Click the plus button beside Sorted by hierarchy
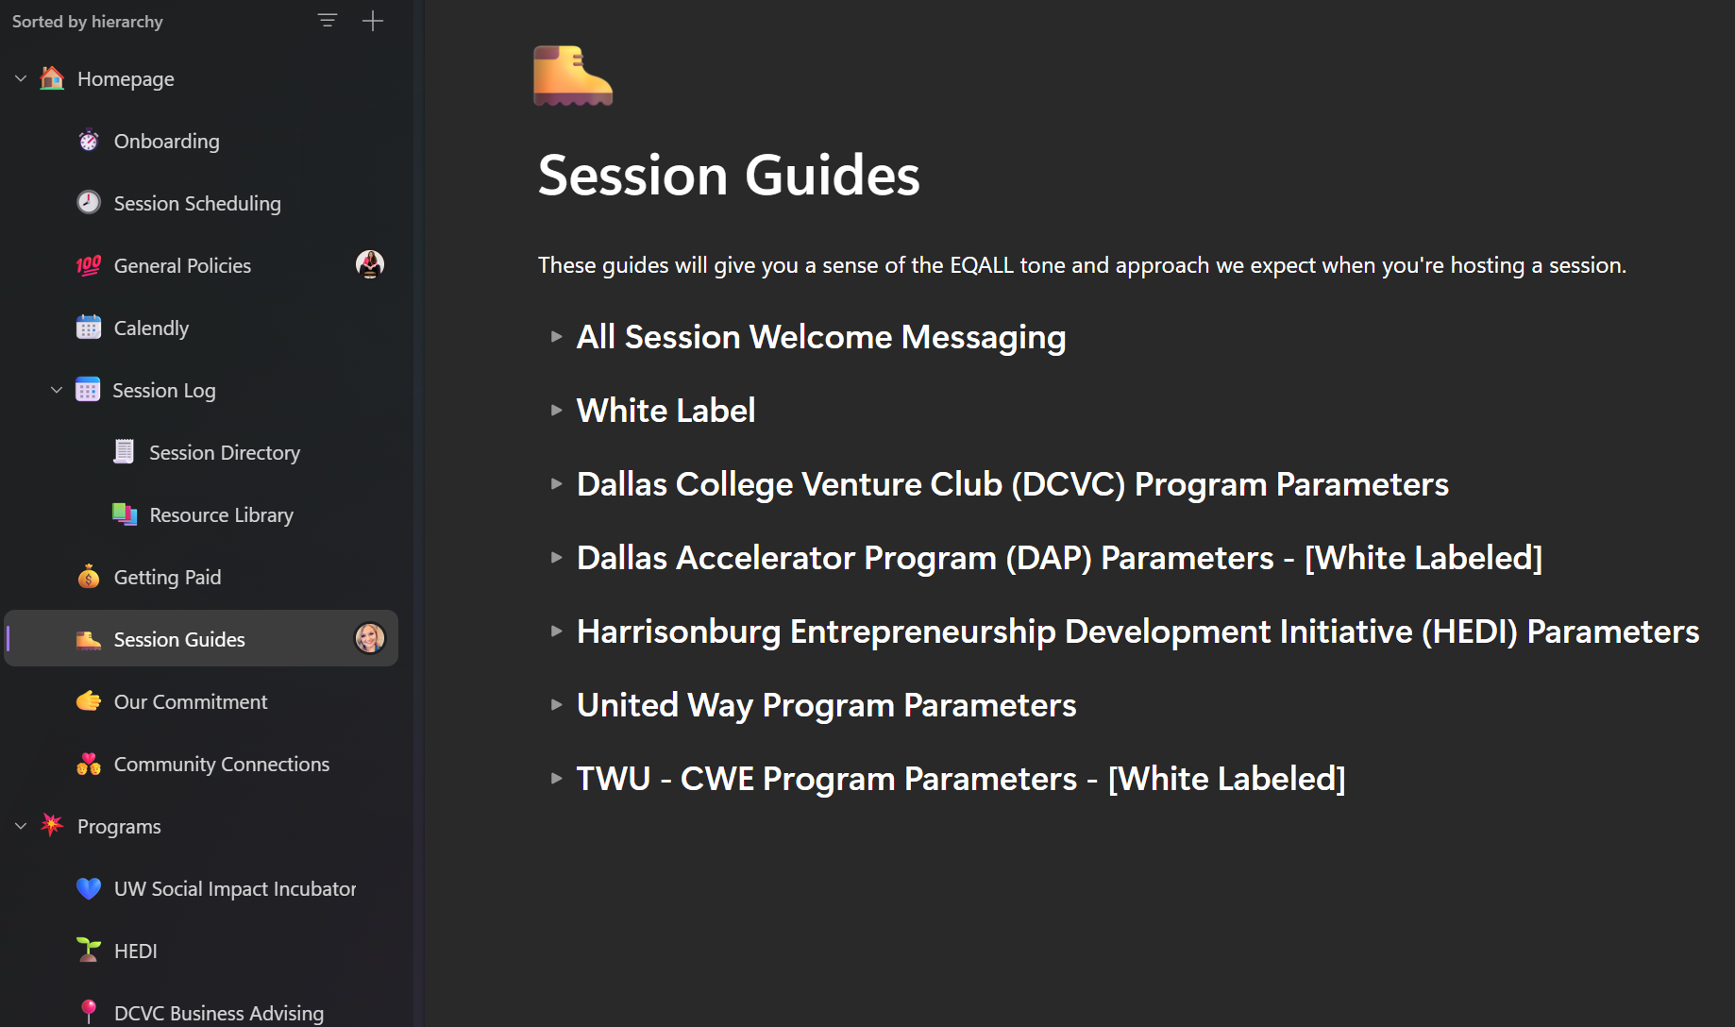click(373, 21)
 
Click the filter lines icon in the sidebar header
click(328, 21)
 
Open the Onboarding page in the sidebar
click(166, 142)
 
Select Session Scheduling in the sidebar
click(197, 204)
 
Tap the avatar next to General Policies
click(370, 264)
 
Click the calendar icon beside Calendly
click(89, 328)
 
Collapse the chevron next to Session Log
click(57, 390)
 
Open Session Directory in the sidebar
click(225, 453)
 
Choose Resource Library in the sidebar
click(222, 515)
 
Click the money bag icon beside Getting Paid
click(89, 577)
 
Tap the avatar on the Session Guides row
click(370, 638)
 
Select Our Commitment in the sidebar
click(191, 702)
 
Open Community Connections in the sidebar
click(222, 765)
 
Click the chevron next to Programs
click(21, 826)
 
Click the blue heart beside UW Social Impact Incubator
click(89, 888)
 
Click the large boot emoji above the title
click(573, 76)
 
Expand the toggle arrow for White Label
click(557, 411)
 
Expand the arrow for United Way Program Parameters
click(557, 705)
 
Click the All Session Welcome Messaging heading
click(821, 337)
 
